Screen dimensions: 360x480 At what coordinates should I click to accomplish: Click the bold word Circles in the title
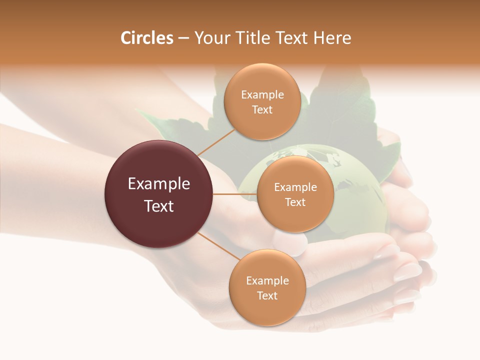tap(147, 38)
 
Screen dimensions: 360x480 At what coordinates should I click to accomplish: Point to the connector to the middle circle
tap(235, 194)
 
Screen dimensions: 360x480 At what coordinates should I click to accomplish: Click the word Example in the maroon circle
tap(159, 184)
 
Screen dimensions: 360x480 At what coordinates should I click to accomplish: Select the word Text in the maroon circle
tap(159, 206)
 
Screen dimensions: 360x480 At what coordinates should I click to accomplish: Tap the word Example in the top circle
tap(262, 94)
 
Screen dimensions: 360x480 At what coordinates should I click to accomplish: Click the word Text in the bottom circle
tap(267, 295)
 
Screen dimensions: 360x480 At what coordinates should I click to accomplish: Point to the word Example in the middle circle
tap(295, 187)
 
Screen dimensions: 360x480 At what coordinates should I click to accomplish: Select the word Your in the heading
tap(209, 38)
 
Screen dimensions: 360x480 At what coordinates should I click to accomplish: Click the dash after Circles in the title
tap(183, 38)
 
